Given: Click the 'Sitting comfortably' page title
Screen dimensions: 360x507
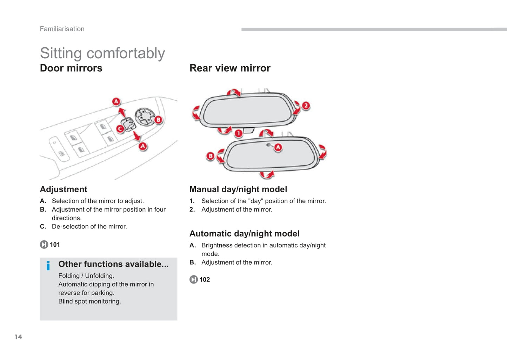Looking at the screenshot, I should coord(102,53).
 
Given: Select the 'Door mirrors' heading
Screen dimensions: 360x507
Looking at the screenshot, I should coord(71,68).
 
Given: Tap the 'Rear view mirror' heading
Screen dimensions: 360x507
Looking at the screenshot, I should coord(230,68).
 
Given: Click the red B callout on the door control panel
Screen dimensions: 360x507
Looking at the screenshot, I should coord(158,120).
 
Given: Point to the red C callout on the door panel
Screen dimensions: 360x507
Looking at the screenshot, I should coord(120,129).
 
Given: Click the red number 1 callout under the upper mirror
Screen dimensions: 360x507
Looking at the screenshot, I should coord(239,133).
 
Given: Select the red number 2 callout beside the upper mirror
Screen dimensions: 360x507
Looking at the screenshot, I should coord(306,106).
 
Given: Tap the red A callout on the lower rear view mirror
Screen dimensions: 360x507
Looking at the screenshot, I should coord(278,147).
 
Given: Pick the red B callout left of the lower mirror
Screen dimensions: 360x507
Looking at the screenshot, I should coord(210,156).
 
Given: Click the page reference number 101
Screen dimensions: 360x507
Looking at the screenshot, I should coord(55,245).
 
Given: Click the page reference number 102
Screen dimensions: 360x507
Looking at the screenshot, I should coord(205,280).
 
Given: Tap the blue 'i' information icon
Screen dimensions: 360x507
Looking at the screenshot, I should coord(48,266).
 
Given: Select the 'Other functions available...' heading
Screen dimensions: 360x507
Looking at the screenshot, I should coord(113,264).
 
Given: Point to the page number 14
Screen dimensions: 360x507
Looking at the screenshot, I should coord(18,337).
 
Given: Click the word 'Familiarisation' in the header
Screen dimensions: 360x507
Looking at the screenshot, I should coord(62,29).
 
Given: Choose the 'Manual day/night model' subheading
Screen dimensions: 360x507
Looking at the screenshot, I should coord(238,189).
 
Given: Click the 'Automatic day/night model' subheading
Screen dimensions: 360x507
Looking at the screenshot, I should coord(244,234).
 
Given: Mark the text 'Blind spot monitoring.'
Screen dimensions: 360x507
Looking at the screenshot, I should coord(89,301).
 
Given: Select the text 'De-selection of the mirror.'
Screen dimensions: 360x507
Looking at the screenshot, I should coord(89,227).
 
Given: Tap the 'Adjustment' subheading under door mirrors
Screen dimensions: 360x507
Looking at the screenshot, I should coord(64,189).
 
